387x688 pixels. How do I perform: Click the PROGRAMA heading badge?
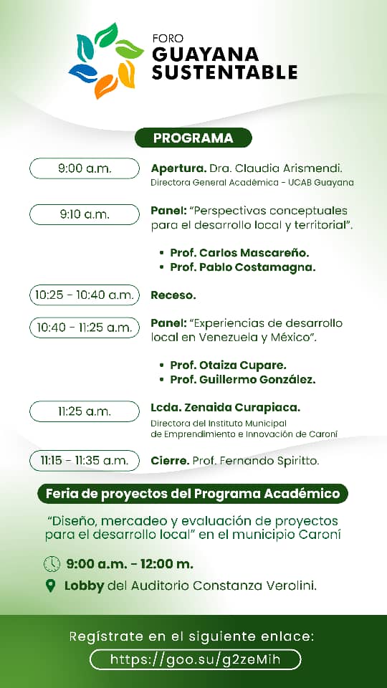click(x=193, y=138)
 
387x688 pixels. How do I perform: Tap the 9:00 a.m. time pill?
click(x=85, y=168)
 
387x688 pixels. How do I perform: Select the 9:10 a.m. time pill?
click(x=85, y=214)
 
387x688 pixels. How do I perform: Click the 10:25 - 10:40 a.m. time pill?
click(x=85, y=295)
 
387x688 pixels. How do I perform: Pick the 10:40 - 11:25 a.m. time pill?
click(x=85, y=328)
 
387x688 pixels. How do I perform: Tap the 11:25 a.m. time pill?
click(x=85, y=411)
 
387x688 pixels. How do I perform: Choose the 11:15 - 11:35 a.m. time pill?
click(x=85, y=460)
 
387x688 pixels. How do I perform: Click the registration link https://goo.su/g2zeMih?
click(x=195, y=659)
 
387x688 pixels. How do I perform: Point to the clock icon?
click(x=52, y=564)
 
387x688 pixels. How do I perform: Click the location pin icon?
click(x=50, y=586)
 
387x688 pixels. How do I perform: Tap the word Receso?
click(x=173, y=295)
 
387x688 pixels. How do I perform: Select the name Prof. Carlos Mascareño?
click(x=239, y=253)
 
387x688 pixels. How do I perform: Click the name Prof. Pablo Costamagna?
click(x=242, y=267)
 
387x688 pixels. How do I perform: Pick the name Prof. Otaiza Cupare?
click(x=228, y=365)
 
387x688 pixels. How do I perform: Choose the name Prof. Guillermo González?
click(x=242, y=379)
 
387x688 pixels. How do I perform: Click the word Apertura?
click(x=178, y=168)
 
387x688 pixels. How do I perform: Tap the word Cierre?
click(x=170, y=460)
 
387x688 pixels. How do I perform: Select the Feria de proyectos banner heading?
click(x=193, y=493)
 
